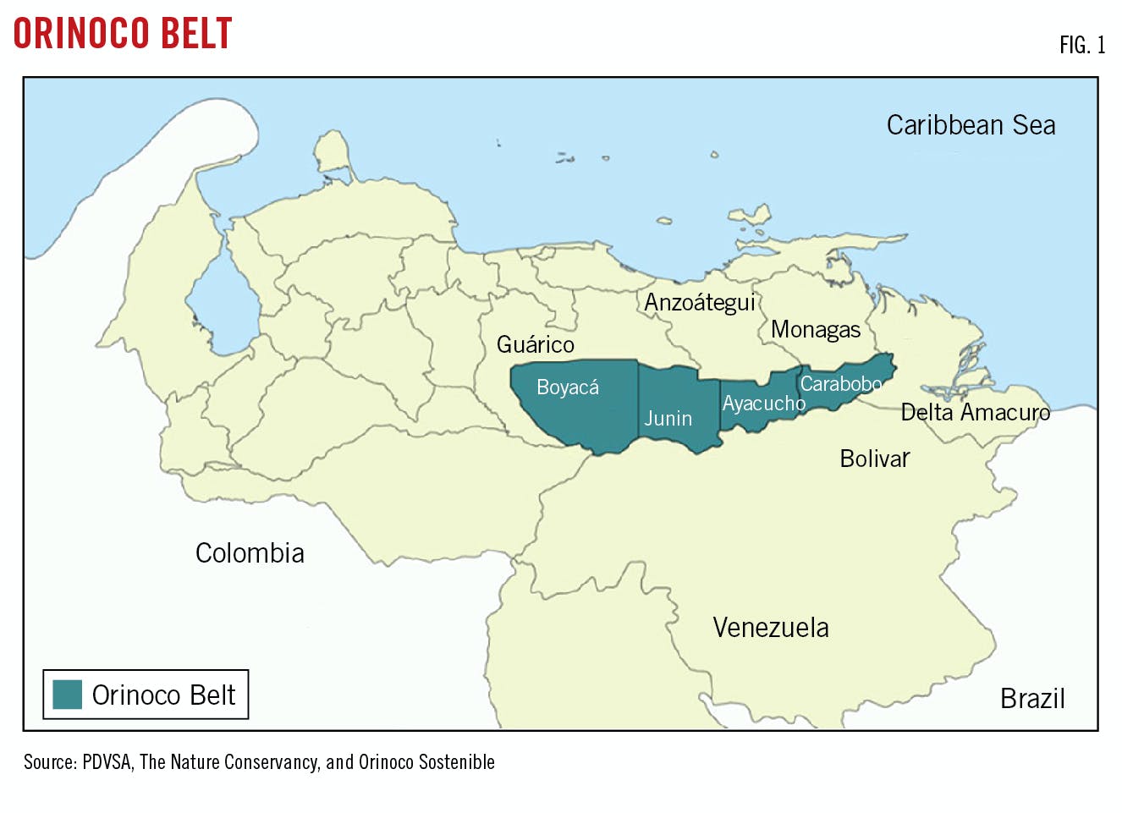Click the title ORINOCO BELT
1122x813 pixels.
tap(123, 34)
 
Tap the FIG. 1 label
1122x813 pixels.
tap(1081, 45)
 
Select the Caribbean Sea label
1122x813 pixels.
tap(971, 125)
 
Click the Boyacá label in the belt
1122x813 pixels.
tap(568, 387)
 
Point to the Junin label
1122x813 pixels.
tap(668, 419)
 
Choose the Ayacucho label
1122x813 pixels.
tap(763, 404)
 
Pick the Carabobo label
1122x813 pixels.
tap(840, 384)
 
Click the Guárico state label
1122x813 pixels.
tap(535, 345)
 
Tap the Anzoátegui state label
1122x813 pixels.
tap(699, 303)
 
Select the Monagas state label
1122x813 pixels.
tap(815, 330)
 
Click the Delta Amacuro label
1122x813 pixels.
tap(975, 413)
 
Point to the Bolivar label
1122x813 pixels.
tap(874, 459)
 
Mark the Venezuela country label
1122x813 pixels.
tap(770, 628)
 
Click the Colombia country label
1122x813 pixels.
tap(250, 553)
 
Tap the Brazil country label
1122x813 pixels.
tap(1031, 699)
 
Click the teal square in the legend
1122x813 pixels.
tap(67, 695)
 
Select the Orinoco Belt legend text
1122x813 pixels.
tap(163, 695)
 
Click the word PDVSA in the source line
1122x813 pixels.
tap(107, 762)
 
